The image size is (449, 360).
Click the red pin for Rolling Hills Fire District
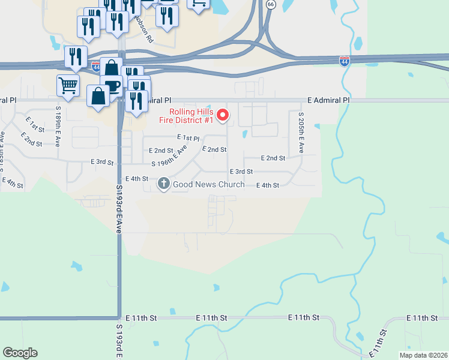[223, 114]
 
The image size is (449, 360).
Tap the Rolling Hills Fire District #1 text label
[191, 116]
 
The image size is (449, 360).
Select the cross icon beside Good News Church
[164, 184]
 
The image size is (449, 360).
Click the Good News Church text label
[208, 185]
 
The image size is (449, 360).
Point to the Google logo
[20, 353]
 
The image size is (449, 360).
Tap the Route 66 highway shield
[271, 4]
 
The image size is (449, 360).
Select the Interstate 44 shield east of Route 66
[344, 61]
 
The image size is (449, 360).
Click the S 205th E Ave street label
[301, 133]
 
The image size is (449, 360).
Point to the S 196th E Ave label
[170, 155]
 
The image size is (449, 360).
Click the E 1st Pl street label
[187, 139]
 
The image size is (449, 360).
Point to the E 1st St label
[35, 128]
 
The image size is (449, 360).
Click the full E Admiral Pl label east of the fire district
[327, 100]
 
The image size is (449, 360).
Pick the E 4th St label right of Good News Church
[268, 185]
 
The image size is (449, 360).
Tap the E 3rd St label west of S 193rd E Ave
[102, 162]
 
